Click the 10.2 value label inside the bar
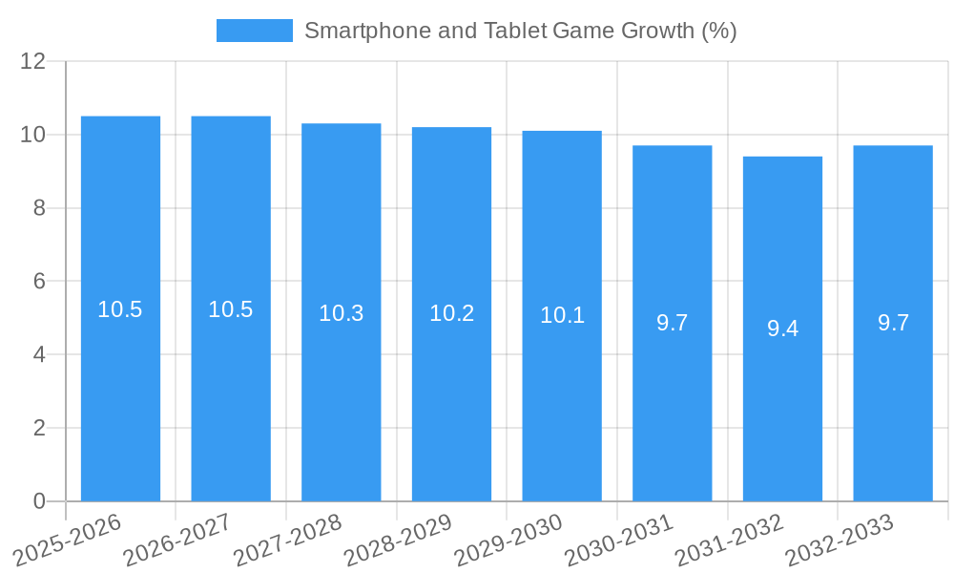click(x=451, y=313)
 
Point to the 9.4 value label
click(x=782, y=329)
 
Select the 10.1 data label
click(x=562, y=315)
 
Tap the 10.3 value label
click(x=342, y=313)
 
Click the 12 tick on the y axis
click(x=33, y=61)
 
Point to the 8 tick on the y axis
click(x=39, y=208)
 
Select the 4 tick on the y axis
click(x=39, y=354)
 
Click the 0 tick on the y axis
click(x=39, y=501)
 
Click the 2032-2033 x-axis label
click(x=840, y=539)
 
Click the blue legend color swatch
click(x=255, y=31)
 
